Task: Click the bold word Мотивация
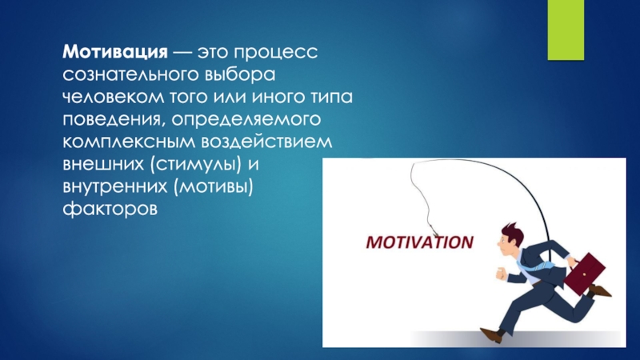point(115,52)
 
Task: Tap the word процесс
point(276,53)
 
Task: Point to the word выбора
point(240,75)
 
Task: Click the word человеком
point(113,97)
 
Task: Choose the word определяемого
point(246,120)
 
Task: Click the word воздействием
point(267,142)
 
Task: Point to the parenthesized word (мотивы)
point(213,186)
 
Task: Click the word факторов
point(110,209)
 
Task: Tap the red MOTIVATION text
point(419,242)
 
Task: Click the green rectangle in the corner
point(566,30)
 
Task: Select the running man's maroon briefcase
point(585,274)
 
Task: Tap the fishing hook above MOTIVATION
point(433,230)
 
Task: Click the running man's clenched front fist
point(501,273)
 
